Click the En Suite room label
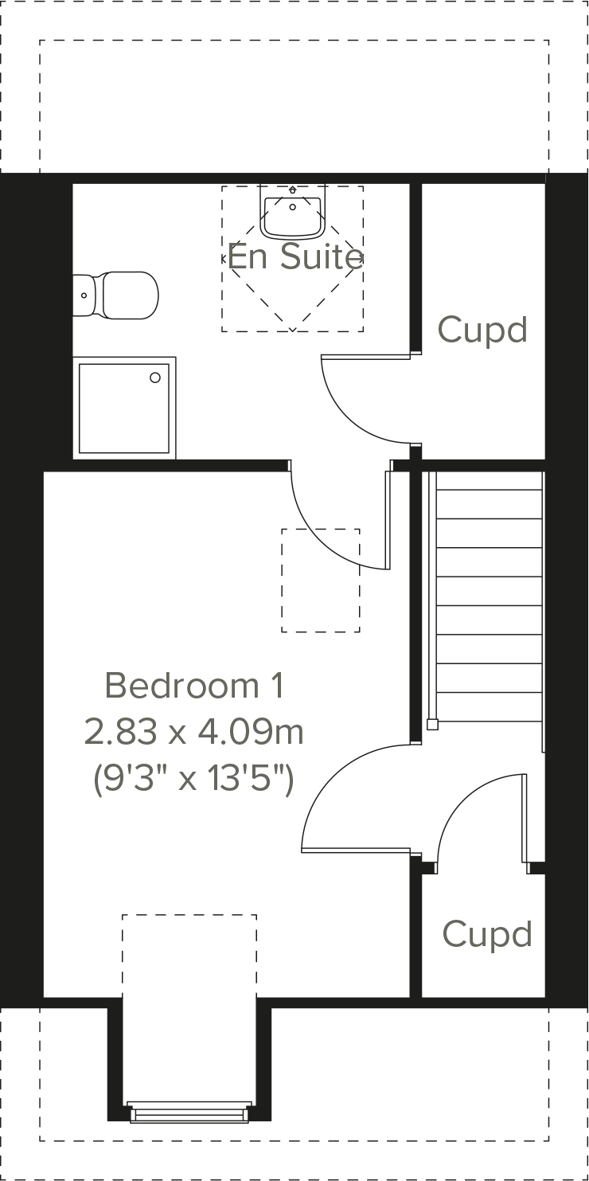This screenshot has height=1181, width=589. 295,256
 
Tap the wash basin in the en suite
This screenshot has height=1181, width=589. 293,214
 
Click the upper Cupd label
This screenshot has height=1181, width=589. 482,330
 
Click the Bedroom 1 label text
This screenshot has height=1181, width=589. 194,685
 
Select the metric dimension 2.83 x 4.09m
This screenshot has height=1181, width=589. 194,732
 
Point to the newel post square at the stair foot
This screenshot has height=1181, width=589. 432,724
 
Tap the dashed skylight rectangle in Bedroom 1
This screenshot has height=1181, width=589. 320,581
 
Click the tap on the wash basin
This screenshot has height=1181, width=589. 293,191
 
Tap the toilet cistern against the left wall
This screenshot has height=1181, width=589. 84,295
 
